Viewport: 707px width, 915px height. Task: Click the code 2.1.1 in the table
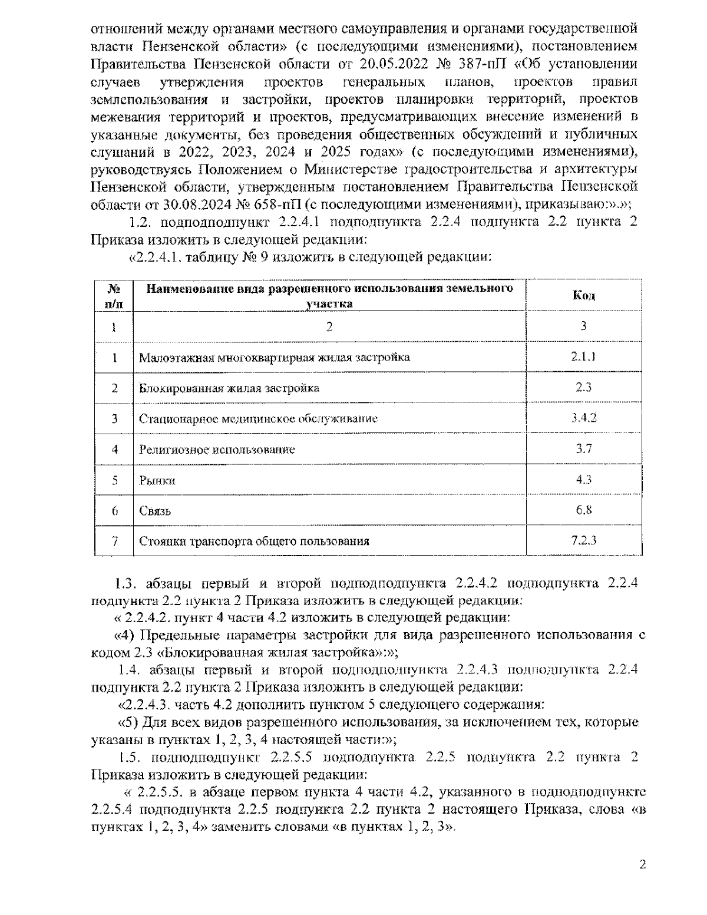[583, 356]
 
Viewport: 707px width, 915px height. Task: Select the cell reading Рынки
[157, 480]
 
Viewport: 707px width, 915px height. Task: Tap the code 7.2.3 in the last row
[583, 540]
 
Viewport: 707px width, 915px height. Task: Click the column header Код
[583, 295]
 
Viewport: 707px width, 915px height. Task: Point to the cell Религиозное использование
[217, 450]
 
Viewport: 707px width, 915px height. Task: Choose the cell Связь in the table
[155, 511]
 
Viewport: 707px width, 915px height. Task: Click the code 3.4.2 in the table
[583, 418]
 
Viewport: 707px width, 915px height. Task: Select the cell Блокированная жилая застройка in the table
[229, 388]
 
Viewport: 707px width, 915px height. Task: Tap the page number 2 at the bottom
[643, 865]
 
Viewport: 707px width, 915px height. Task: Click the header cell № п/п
[114, 296]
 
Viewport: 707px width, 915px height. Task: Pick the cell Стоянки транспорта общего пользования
[254, 541]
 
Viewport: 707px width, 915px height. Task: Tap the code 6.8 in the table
[583, 510]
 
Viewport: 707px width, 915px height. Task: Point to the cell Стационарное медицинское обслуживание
[258, 419]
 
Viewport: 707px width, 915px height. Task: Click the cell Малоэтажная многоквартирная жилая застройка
[275, 358]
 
